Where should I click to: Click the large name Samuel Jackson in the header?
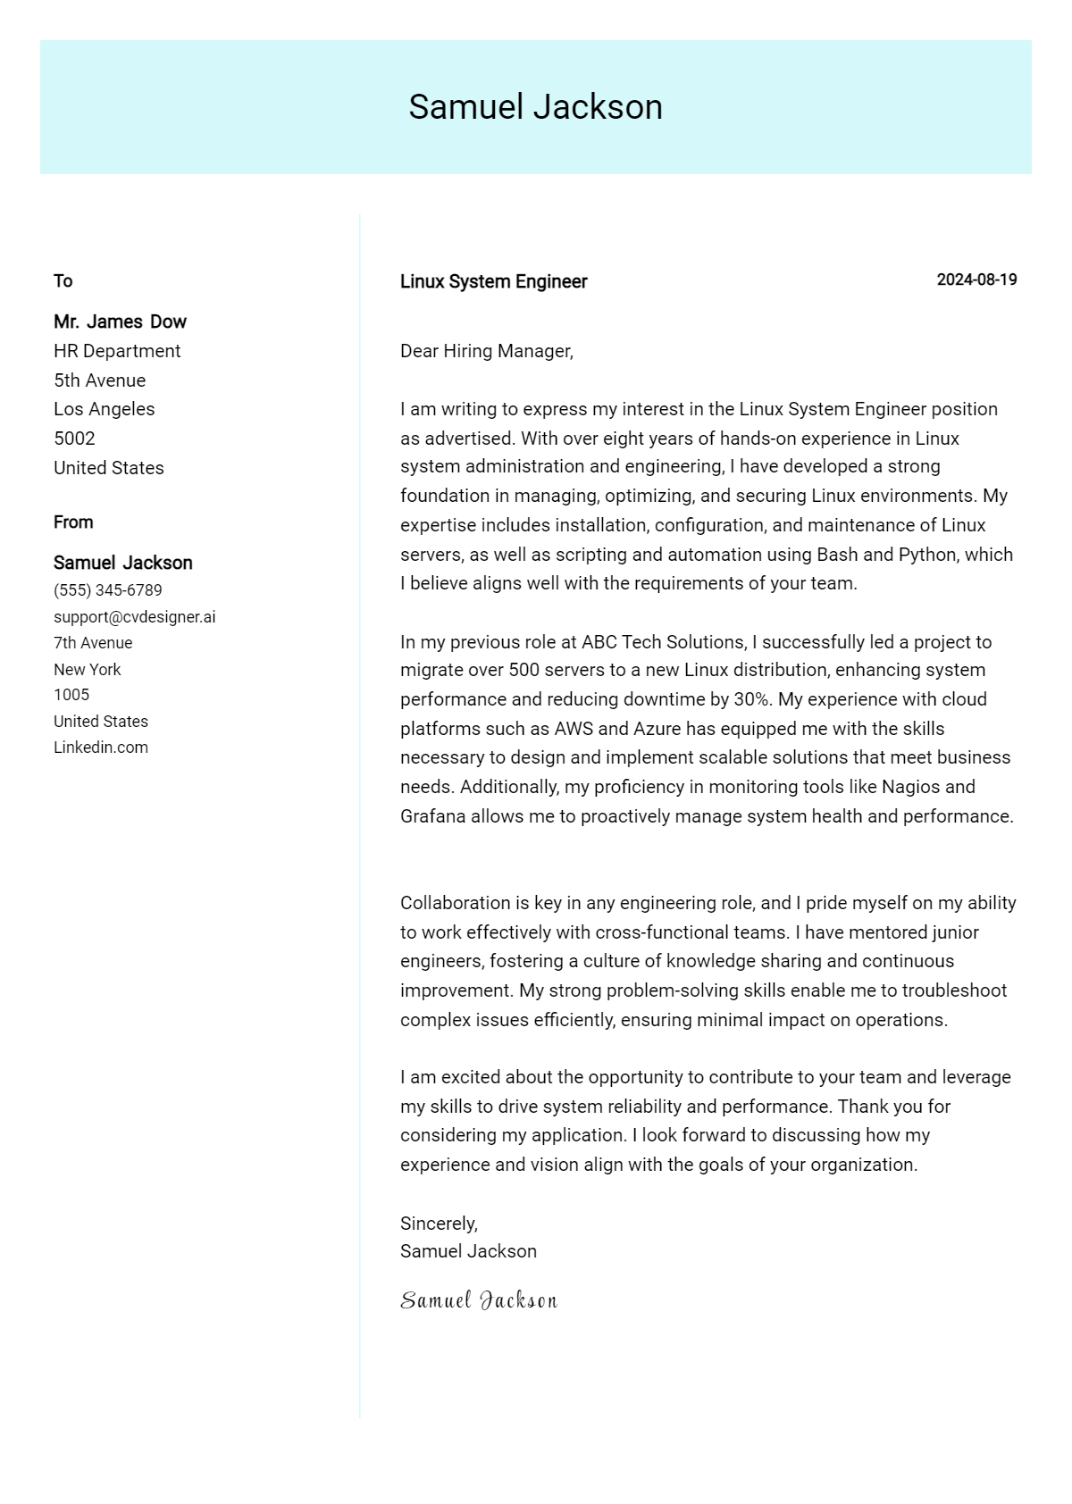tap(535, 107)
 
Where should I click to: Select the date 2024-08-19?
tap(976, 280)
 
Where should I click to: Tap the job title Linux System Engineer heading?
tap(493, 281)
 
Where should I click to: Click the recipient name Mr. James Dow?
tap(120, 322)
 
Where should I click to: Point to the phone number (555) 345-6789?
tap(108, 590)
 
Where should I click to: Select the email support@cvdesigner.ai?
tap(134, 617)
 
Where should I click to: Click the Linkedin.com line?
tap(101, 748)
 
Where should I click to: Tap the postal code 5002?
tap(74, 439)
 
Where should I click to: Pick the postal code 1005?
tap(71, 695)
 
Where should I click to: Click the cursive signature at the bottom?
tap(479, 1300)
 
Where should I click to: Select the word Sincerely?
tap(438, 1224)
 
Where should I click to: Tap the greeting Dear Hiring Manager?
tap(486, 351)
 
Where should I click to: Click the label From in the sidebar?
tap(73, 522)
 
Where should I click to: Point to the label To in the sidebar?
tap(63, 281)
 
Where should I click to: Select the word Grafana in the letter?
tap(432, 816)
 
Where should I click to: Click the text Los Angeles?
tap(104, 409)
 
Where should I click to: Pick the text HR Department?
tap(117, 351)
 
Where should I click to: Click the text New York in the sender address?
tap(87, 670)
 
